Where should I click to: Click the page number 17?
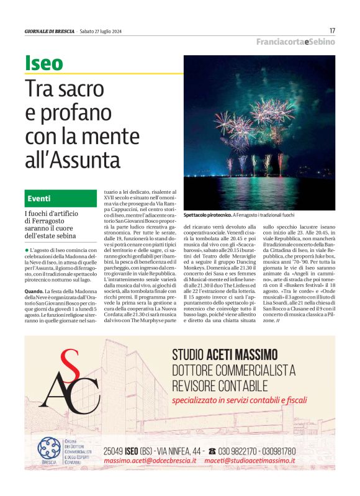[x=332, y=30]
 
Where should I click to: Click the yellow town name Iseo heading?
[x=44, y=63]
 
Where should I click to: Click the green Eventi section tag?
[x=39, y=199]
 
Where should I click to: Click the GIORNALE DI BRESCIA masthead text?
[x=50, y=31]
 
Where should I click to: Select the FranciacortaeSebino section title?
[x=295, y=42]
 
